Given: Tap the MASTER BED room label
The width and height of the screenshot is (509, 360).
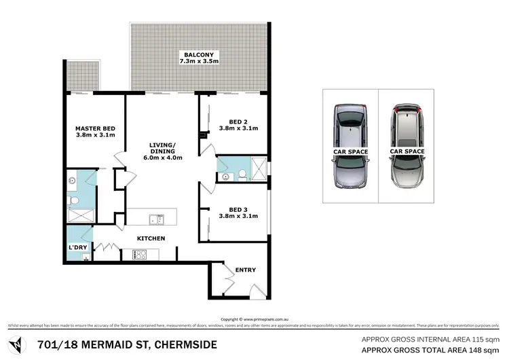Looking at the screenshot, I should pyautogui.click(x=94, y=128).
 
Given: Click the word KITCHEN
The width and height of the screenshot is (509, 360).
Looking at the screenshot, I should pyautogui.click(x=151, y=238).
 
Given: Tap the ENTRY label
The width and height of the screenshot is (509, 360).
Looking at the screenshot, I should pyautogui.click(x=246, y=270).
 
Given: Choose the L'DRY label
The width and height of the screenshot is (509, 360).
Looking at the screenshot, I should pyautogui.click(x=76, y=248).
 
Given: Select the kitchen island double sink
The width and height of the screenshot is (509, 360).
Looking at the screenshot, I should pyautogui.click(x=157, y=219).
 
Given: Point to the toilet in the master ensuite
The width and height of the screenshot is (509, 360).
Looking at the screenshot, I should pyautogui.click(x=73, y=202).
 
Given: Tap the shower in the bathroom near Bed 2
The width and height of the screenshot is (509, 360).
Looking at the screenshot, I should pyautogui.click(x=259, y=167).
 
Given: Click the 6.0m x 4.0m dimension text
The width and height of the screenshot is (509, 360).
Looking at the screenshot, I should pyautogui.click(x=163, y=158).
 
